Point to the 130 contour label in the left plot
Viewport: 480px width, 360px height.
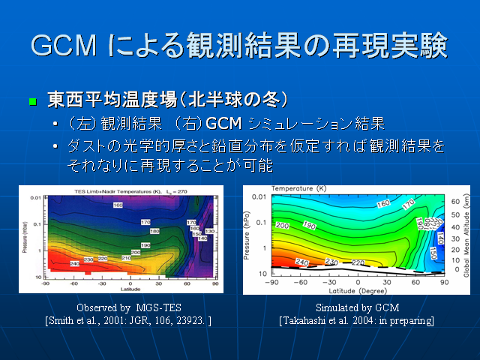210,230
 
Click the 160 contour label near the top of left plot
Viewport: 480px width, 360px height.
118,205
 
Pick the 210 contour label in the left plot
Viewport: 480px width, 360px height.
125,258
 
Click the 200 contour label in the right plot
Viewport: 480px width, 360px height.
283,224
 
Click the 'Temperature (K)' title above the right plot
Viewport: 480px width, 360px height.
298,187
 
